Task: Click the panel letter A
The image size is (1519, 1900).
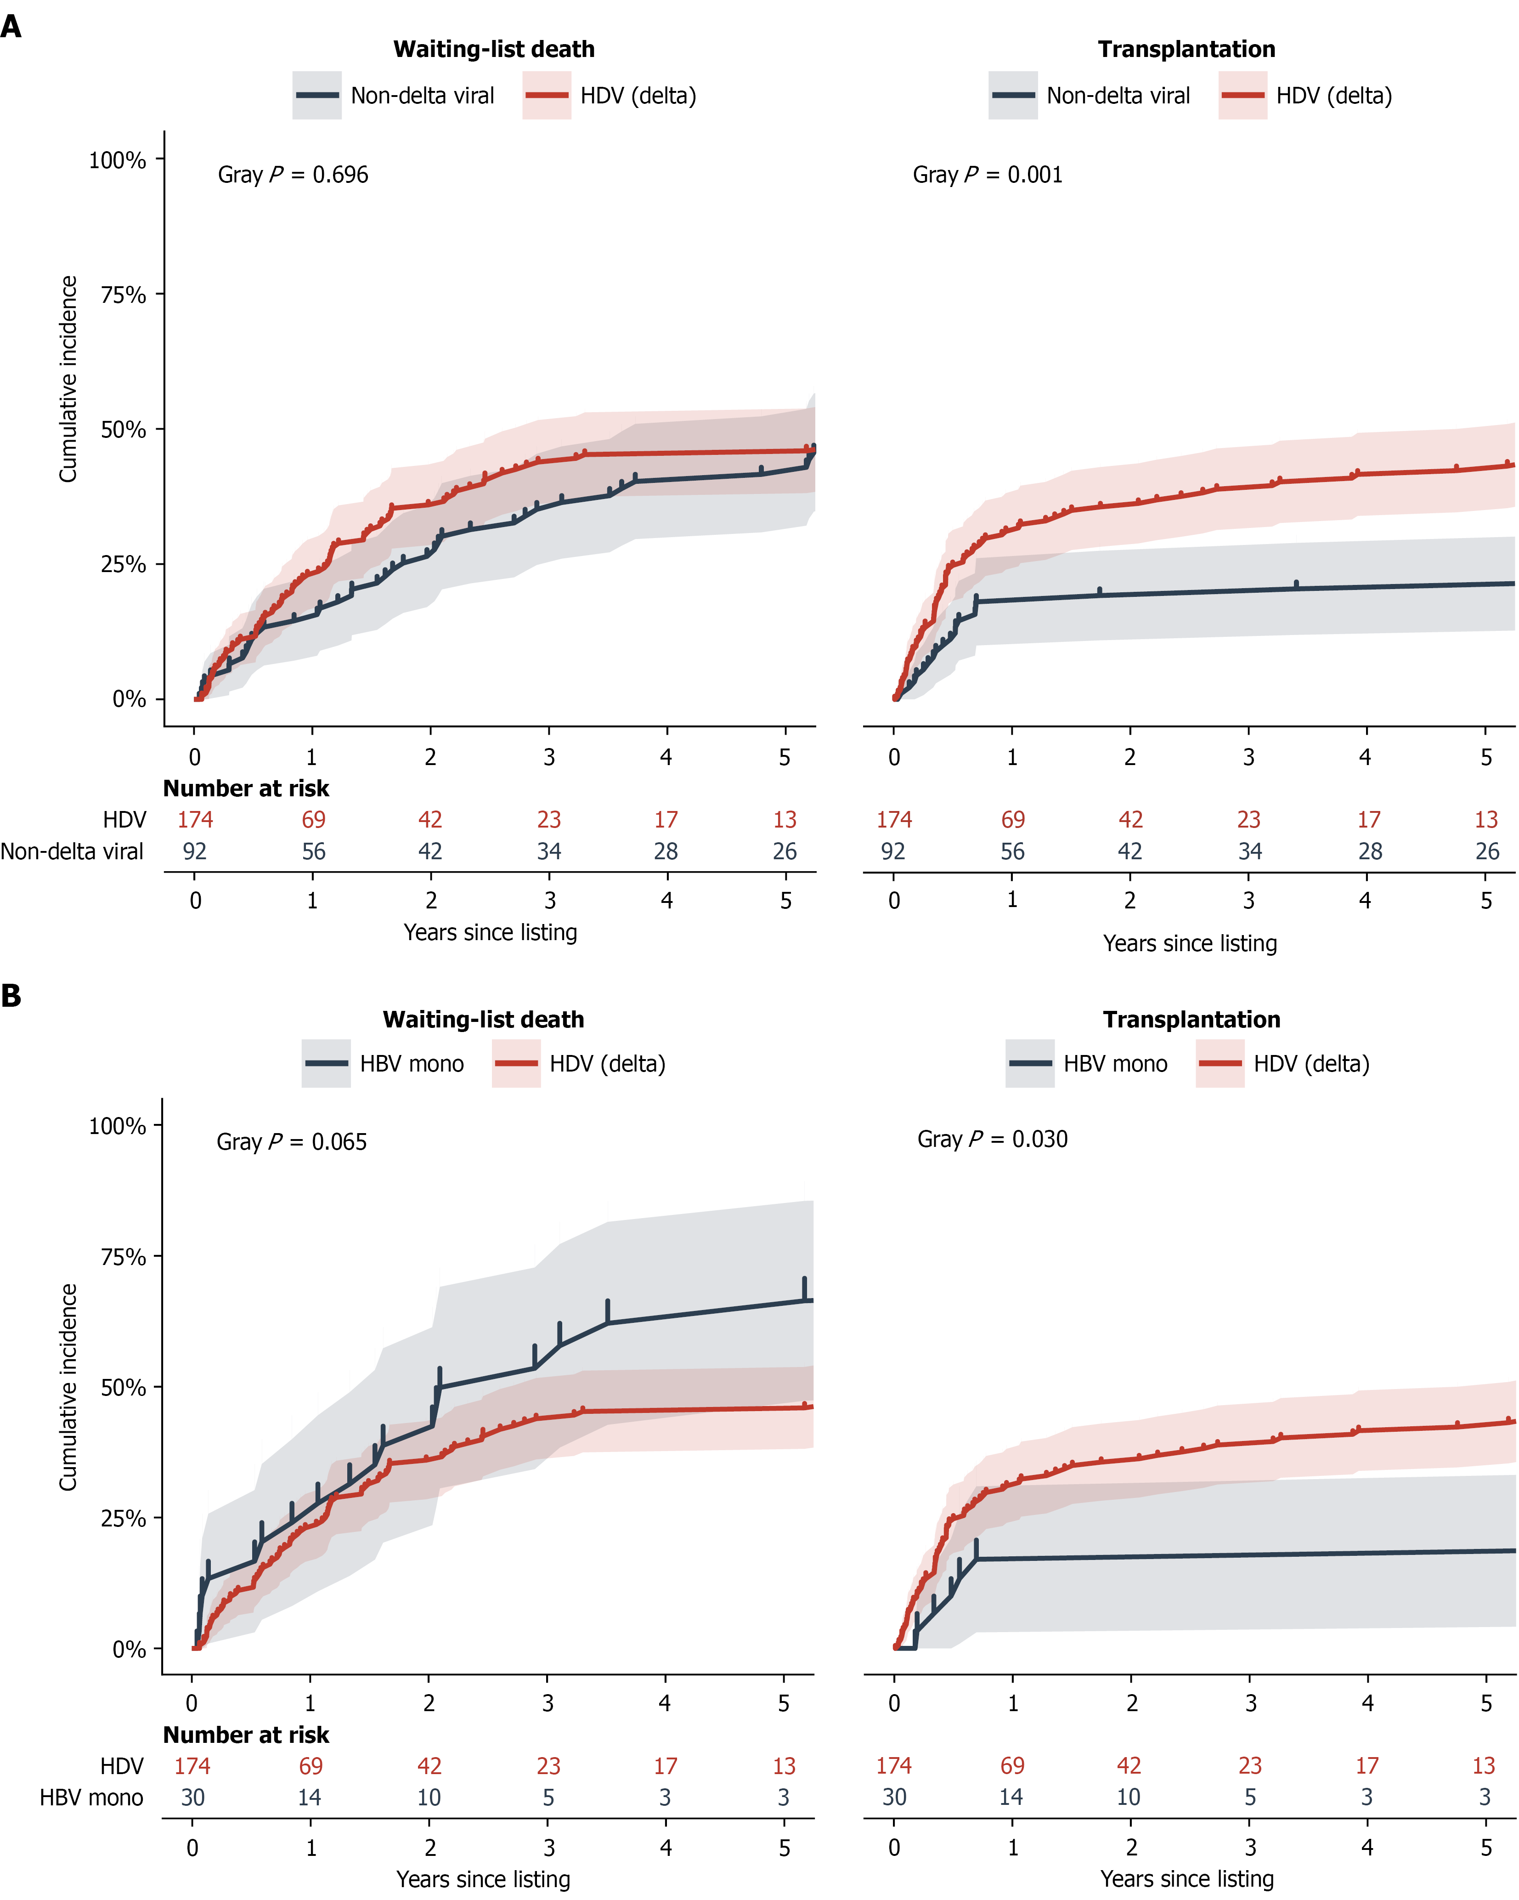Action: click(11, 27)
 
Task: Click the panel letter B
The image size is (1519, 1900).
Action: click(11, 996)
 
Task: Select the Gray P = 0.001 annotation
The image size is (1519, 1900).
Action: click(988, 175)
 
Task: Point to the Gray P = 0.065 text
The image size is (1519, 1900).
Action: click(292, 1142)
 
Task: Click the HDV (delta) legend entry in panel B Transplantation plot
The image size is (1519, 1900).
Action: click(1283, 1064)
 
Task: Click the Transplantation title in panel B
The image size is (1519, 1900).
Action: click(1191, 1020)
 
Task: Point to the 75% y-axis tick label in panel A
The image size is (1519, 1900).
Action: click(124, 295)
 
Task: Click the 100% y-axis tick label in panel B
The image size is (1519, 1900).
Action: click(117, 1126)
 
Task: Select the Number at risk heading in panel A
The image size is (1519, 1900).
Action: click(246, 789)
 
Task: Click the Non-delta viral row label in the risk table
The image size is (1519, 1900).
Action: click(72, 851)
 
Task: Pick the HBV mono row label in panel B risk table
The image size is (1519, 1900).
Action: click(91, 1798)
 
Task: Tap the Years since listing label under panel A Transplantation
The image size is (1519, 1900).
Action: click(1190, 944)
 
